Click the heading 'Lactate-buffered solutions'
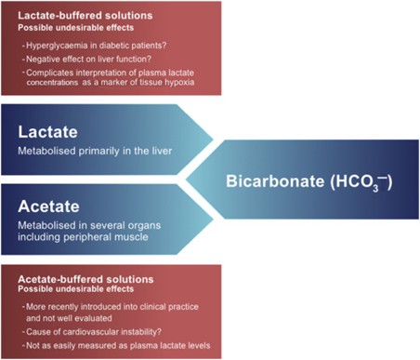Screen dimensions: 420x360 click(x=85, y=16)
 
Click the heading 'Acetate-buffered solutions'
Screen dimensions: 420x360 click(x=85, y=279)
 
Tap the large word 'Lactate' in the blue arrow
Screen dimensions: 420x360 click(x=47, y=132)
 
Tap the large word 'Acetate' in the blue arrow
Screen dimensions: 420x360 click(x=48, y=207)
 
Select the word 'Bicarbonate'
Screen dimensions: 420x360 click(x=275, y=181)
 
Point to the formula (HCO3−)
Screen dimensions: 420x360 click(x=361, y=182)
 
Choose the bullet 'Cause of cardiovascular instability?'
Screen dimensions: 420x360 click(x=92, y=332)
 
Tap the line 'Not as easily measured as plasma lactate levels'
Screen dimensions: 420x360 click(x=116, y=345)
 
